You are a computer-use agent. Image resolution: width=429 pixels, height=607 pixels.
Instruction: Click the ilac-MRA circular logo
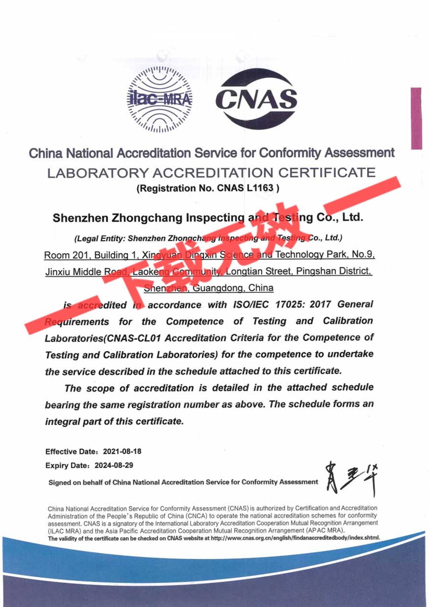[x=159, y=99]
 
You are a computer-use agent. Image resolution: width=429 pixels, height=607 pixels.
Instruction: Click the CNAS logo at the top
[x=256, y=99]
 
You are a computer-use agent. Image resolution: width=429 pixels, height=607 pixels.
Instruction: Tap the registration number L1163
[x=260, y=188]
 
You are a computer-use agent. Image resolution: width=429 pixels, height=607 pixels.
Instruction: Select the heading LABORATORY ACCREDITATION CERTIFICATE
[x=211, y=173]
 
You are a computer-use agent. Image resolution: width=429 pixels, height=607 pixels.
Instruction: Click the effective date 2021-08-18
[x=122, y=451]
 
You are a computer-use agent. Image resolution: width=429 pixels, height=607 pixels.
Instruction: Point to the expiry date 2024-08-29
[x=114, y=465]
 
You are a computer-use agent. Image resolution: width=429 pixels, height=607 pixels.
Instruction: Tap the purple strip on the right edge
[x=416, y=118]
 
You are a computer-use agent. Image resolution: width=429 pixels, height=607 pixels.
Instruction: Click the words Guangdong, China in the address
[x=233, y=288]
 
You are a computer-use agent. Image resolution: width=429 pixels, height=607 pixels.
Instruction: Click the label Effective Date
[x=71, y=451]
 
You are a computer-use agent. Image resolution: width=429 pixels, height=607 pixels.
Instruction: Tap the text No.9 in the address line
[x=363, y=254]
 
